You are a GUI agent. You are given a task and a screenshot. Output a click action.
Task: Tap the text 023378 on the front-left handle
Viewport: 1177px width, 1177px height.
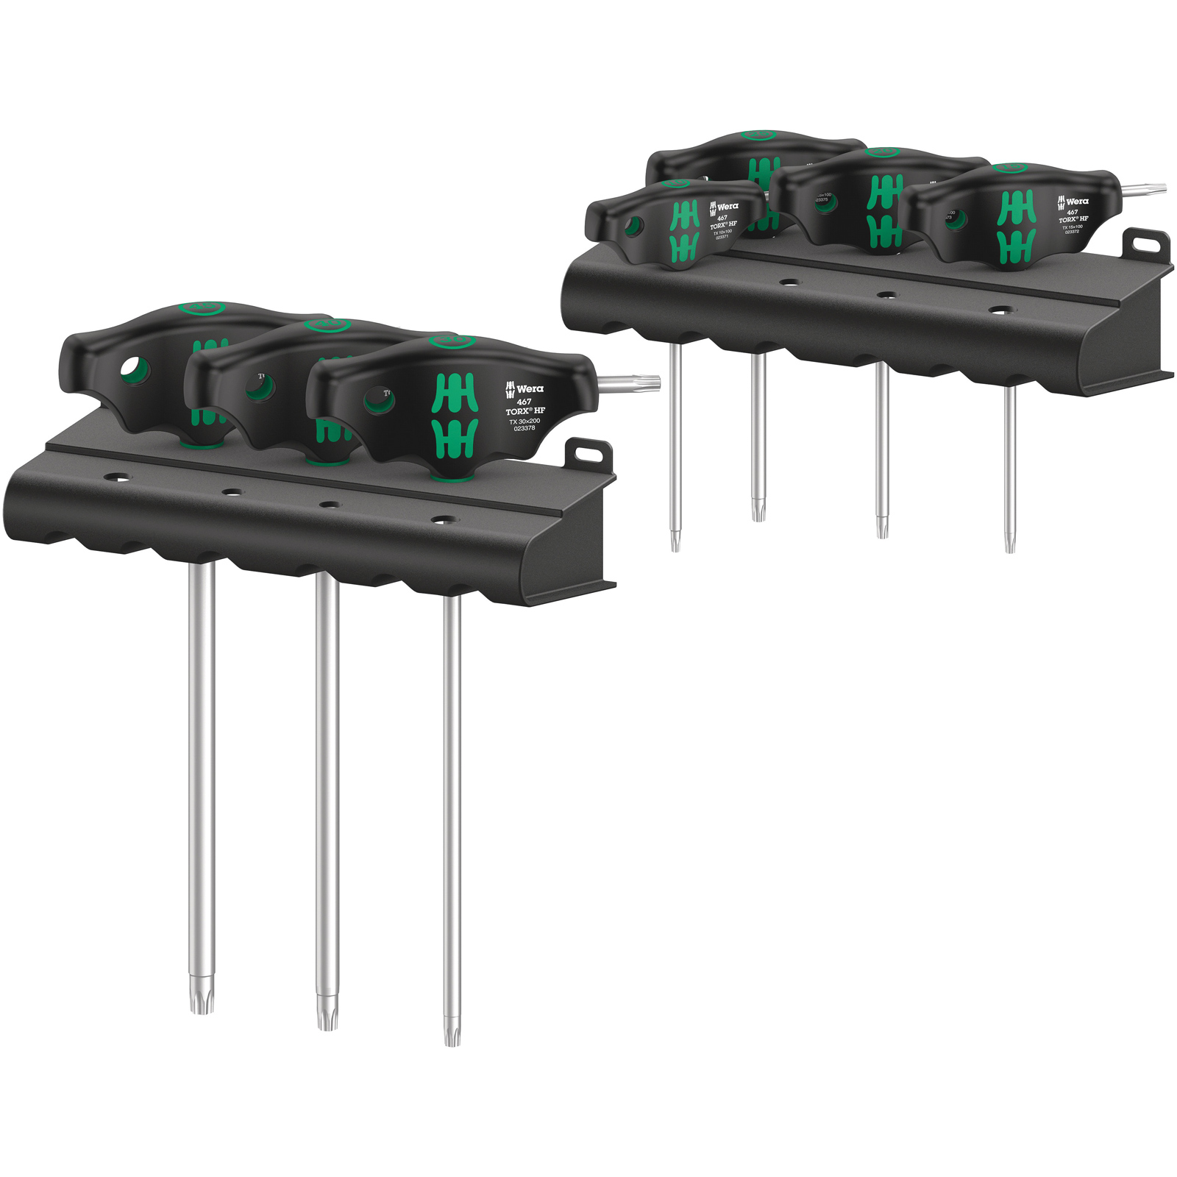point(525,427)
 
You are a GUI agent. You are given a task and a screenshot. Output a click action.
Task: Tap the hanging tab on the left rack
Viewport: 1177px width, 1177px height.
point(588,449)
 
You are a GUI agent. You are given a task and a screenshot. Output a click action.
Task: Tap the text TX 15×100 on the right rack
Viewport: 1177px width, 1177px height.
point(1073,226)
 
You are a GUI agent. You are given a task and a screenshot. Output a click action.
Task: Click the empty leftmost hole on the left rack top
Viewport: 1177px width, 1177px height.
point(115,478)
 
